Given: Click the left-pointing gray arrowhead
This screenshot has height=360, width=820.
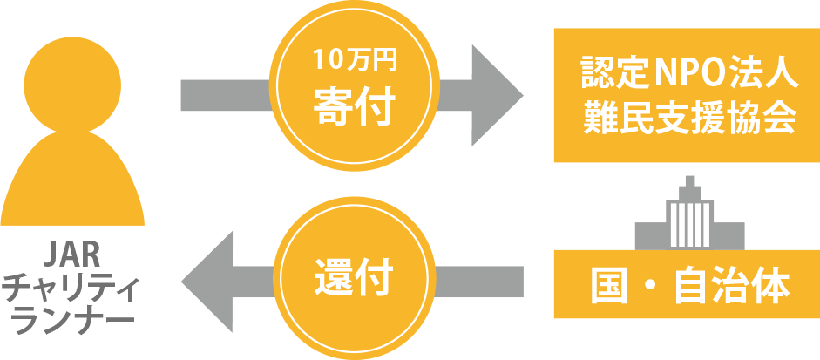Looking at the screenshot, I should tap(209, 280).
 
